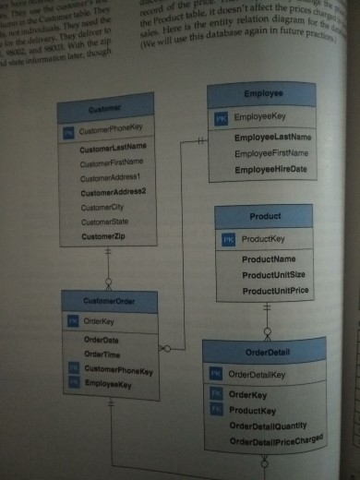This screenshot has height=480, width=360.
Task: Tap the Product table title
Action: (265, 216)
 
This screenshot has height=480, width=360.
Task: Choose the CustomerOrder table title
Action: (108, 301)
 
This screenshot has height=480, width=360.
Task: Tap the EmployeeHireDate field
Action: (270, 171)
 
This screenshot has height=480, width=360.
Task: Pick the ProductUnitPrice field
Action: (275, 291)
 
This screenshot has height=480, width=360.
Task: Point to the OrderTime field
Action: (101, 354)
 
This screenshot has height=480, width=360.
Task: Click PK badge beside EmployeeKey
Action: (221, 119)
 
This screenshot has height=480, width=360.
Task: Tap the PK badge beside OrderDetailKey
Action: (214, 374)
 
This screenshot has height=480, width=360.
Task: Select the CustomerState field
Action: (103, 222)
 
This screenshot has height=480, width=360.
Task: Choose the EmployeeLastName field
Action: (272, 138)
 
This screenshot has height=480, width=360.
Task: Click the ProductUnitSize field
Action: (273, 275)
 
